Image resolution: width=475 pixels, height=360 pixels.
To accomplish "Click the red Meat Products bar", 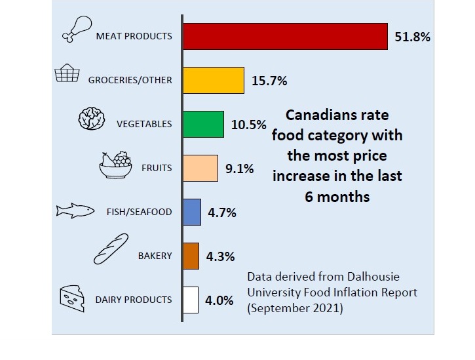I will point(285,36).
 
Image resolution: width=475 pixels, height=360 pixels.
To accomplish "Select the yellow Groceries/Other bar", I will point(214,80).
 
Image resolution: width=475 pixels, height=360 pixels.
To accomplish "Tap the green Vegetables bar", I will point(203,124).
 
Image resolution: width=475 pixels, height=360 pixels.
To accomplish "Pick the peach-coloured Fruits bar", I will point(200,168).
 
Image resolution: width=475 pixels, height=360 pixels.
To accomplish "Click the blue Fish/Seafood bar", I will point(192,212).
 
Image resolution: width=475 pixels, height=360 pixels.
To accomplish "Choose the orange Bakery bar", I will point(191,256).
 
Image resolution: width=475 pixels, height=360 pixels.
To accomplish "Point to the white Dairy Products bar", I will point(190,300).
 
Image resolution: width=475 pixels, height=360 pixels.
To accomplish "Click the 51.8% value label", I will point(412,37).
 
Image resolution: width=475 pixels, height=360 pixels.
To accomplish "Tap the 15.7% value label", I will point(269,81).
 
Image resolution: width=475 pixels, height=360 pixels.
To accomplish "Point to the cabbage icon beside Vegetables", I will point(91,119).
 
